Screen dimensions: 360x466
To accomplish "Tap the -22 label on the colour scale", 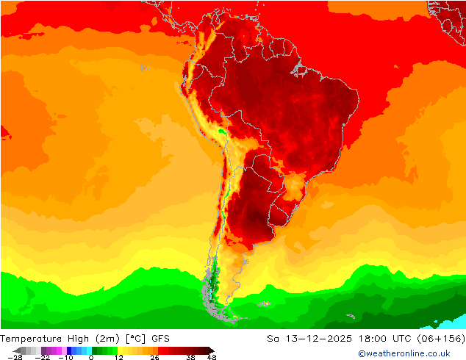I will point(43,357).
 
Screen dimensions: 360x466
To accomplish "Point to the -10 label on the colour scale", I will point(65,357).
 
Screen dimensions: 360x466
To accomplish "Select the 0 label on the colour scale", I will point(91,357).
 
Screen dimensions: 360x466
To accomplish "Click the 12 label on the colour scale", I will point(118,357).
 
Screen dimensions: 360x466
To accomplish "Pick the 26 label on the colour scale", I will point(154,357).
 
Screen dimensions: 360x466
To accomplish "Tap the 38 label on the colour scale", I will point(190,357).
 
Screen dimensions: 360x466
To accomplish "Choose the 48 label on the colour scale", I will point(212,357).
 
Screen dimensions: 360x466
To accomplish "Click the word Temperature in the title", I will point(31,339).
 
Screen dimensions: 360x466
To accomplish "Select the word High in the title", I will point(79,339).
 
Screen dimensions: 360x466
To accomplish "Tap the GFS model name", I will point(161,339).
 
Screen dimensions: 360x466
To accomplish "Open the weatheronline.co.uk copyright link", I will point(404,353).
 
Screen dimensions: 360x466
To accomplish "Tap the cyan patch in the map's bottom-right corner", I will point(456,322).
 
